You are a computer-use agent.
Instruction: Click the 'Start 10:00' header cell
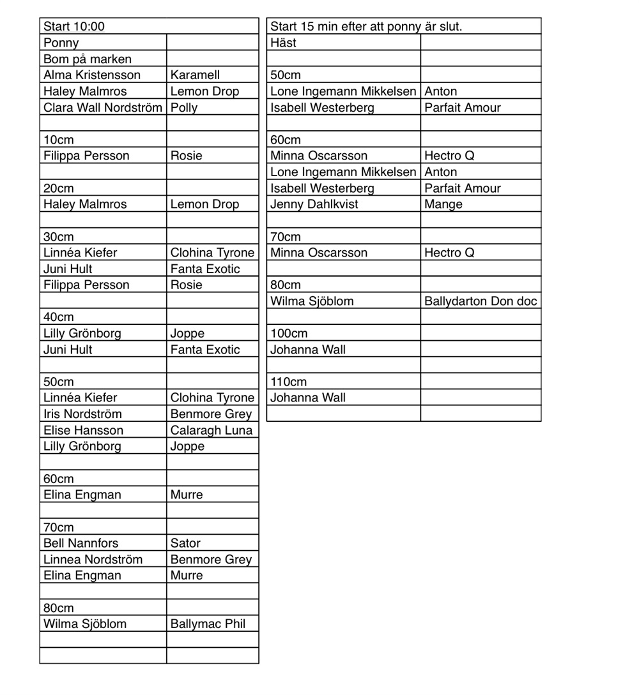74,27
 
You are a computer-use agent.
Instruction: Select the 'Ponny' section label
61,43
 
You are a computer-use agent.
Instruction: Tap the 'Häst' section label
284,43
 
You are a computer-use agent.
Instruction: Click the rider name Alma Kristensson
92,75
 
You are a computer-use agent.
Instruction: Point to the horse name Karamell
195,75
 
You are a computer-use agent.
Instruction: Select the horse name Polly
184,108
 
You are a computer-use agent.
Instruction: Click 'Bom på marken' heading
88,59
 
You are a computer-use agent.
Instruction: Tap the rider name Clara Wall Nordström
103,108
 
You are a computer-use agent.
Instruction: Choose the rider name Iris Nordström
82,414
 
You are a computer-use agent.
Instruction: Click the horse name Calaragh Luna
212,431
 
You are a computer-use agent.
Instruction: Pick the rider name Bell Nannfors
81,544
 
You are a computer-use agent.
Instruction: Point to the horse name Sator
185,544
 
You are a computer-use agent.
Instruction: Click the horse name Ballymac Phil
208,624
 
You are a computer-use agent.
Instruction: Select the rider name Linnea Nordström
93,560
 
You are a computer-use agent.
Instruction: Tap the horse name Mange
443,205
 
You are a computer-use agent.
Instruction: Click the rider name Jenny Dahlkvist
314,205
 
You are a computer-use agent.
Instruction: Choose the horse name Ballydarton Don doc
481,301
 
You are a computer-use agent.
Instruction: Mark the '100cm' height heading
289,334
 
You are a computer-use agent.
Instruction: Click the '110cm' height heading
289,382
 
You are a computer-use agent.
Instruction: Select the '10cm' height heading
59,140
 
